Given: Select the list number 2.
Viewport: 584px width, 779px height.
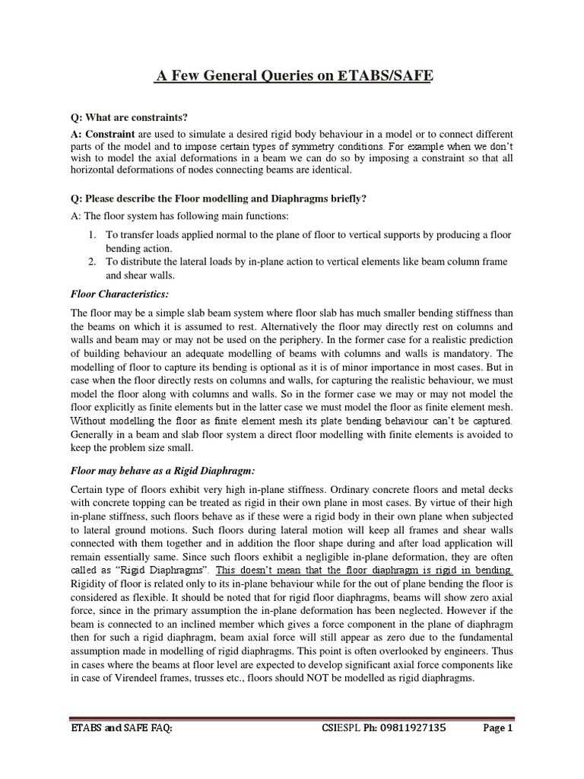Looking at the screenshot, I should (91, 262).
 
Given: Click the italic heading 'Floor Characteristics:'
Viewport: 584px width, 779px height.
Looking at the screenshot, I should (119, 293).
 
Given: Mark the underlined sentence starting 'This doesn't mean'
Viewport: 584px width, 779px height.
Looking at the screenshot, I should (365, 570).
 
